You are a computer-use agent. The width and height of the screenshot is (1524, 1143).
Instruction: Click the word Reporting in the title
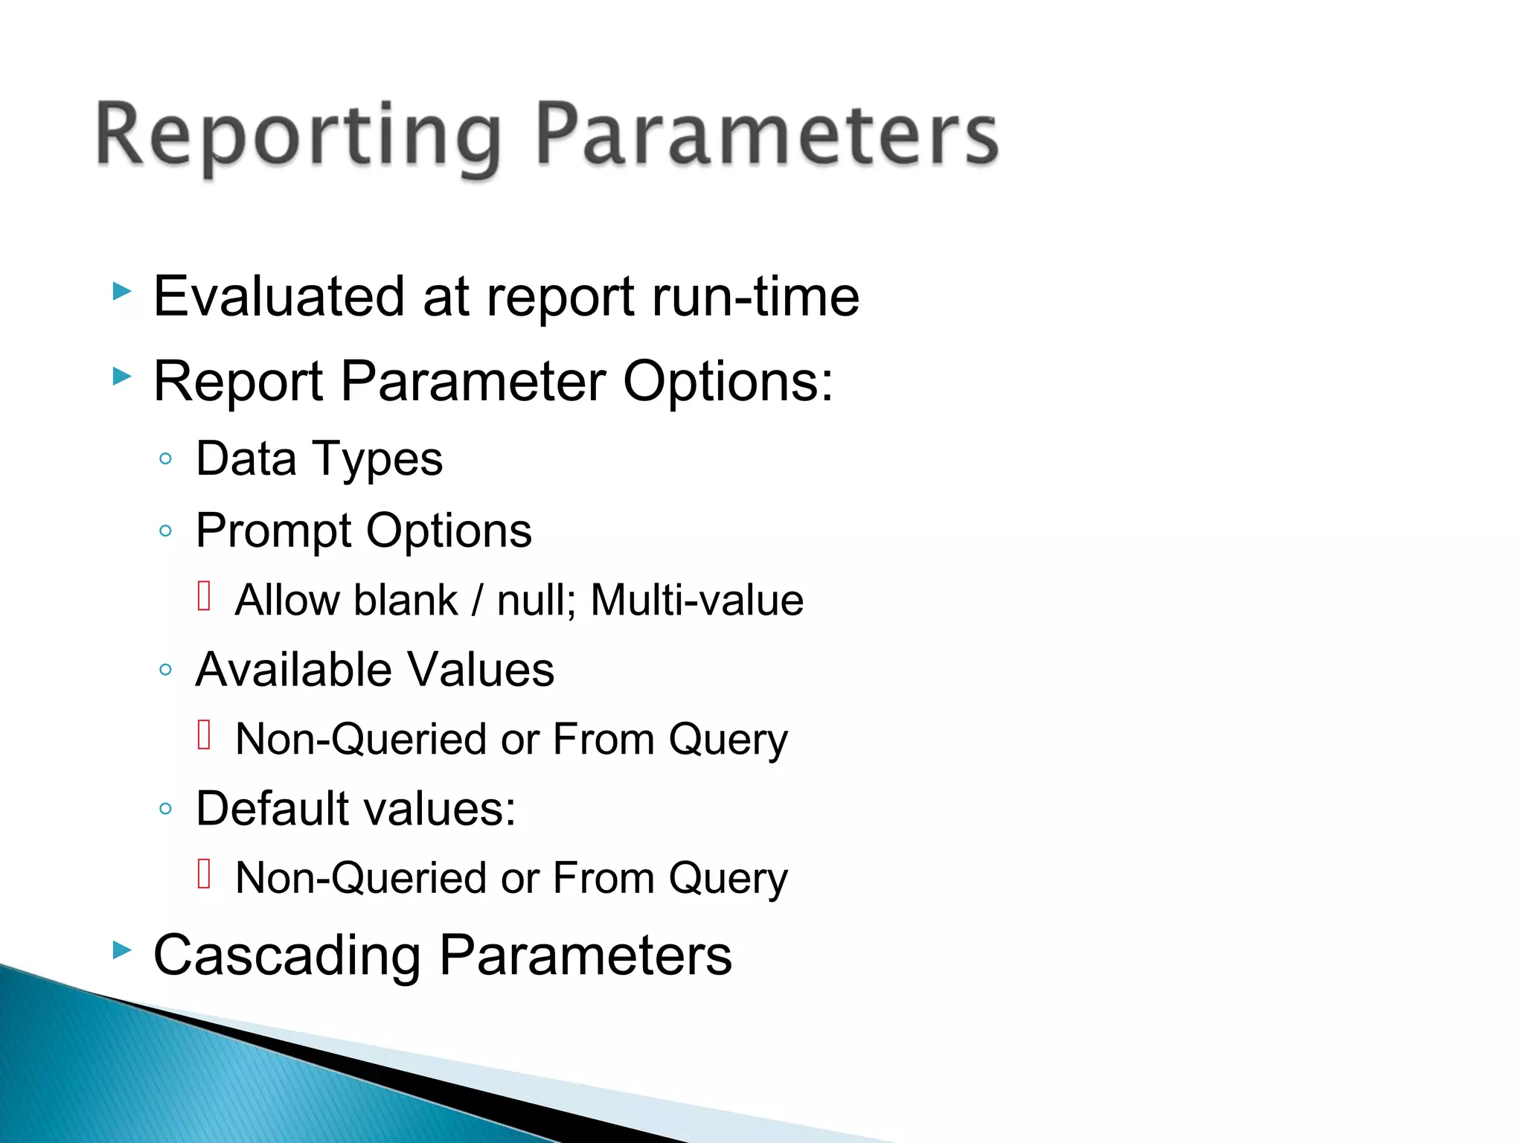tap(298, 138)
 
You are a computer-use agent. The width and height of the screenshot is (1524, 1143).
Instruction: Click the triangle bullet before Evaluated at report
tap(122, 292)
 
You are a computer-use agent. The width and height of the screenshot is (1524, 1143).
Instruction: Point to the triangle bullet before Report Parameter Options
tap(122, 377)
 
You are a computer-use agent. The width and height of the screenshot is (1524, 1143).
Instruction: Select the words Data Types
tap(318, 459)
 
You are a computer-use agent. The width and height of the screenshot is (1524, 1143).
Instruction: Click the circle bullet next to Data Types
tap(166, 459)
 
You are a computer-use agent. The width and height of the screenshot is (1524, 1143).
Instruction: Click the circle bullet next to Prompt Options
tap(166, 531)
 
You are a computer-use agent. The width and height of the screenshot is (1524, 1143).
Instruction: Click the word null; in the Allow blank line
tap(536, 601)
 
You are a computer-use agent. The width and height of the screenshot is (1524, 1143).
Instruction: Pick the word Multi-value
tap(697, 601)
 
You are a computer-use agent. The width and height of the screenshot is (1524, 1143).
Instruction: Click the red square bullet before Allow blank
tap(205, 596)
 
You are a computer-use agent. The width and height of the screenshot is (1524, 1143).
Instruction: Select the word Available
tap(292, 670)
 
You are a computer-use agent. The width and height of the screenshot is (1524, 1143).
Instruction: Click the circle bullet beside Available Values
tap(166, 670)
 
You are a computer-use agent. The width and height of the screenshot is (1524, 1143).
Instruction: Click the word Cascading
tap(286, 955)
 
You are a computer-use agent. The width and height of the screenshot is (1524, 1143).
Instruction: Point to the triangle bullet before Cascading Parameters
tap(122, 950)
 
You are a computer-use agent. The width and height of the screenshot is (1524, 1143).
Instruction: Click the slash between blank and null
tap(477, 601)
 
